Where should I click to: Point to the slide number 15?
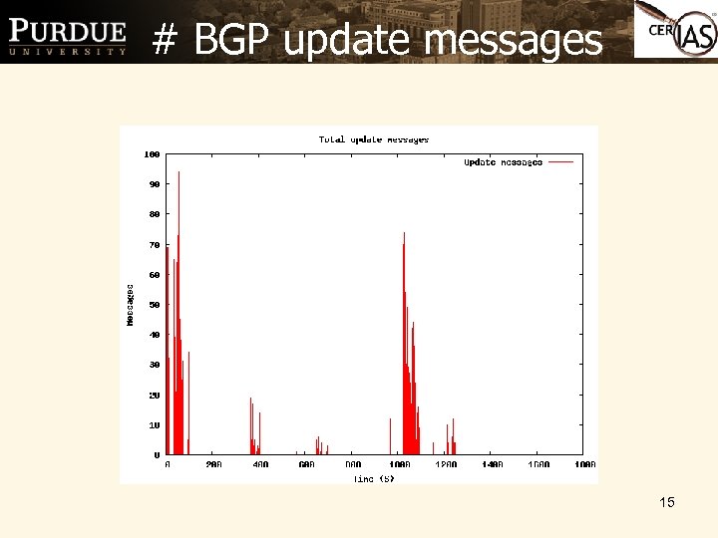[667, 502]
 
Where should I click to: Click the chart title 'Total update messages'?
[374, 139]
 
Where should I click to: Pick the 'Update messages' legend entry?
[503, 161]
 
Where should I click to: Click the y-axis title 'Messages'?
[131, 304]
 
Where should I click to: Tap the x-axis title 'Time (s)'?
[374, 479]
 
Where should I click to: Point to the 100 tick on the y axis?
[153, 154]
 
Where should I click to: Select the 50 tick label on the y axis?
[155, 305]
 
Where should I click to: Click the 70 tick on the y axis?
[155, 244]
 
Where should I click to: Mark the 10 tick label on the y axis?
[155, 424]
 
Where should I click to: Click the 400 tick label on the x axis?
[260, 464]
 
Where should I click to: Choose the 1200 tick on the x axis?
[446, 464]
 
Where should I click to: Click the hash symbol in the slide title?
[167, 40]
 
